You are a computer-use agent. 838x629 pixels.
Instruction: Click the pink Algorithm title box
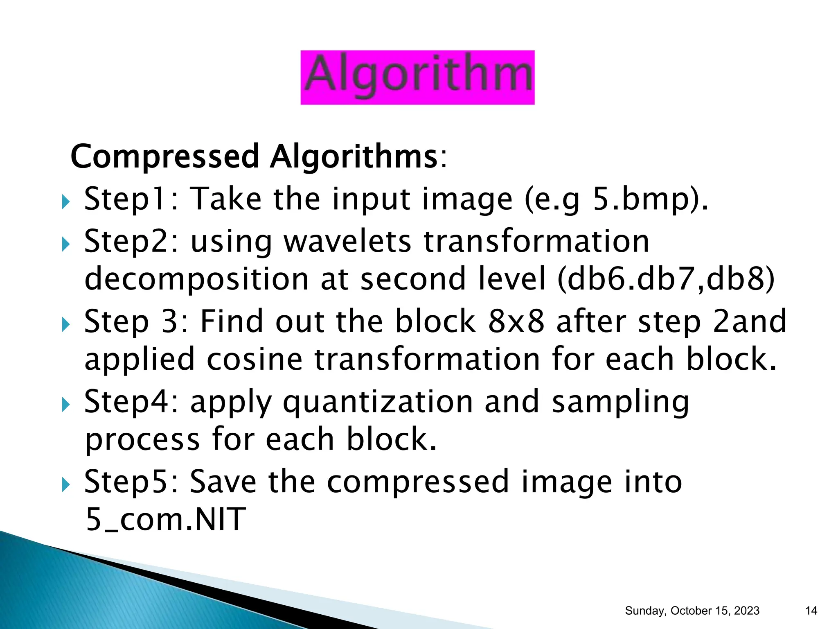[x=417, y=77]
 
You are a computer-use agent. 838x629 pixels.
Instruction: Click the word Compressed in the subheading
[x=164, y=157]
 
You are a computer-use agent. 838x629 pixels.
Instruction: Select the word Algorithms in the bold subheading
[x=354, y=157]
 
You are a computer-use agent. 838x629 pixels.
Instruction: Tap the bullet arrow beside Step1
[x=65, y=201]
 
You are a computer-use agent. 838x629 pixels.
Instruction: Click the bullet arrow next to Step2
[x=65, y=244]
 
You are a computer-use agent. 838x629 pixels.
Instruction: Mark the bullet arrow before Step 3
[x=65, y=325]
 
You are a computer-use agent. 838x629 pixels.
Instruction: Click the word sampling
[x=620, y=402]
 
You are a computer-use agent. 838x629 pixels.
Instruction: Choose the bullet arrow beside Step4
[x=65, y=405]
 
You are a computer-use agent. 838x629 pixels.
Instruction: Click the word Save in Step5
[x=223, y=482]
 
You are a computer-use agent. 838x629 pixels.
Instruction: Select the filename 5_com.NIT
[x=166, y=519]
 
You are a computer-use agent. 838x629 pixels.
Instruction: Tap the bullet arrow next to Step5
[x=65, y=486]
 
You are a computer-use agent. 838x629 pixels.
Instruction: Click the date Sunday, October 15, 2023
[x=692, y=611]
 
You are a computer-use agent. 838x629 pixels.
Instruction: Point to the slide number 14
[x=811, y=611]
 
